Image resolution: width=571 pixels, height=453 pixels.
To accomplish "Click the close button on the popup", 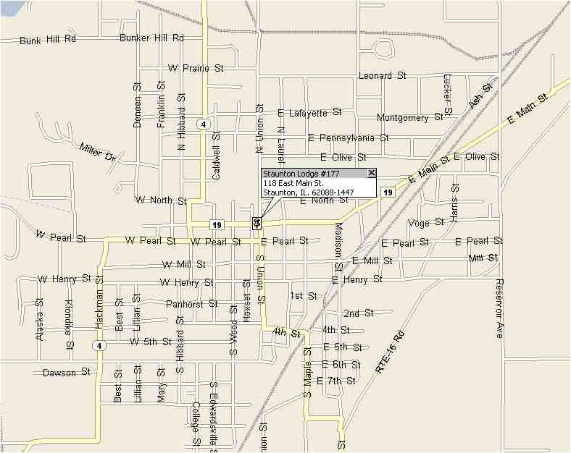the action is point(372,173).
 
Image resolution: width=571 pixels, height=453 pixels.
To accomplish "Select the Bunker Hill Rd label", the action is point(151,38).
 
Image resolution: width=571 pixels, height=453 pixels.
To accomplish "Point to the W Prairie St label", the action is point(196,68).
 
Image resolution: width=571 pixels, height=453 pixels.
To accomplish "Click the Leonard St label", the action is point(385,75).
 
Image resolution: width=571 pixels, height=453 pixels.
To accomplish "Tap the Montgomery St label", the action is point(410,117).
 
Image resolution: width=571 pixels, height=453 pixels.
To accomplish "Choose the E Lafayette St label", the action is point(309,113).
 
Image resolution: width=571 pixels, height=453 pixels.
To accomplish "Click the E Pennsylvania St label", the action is point(348,137).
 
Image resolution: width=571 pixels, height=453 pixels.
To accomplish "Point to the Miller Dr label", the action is point(98,152).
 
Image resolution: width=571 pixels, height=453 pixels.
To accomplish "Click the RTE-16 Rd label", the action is point(389,352).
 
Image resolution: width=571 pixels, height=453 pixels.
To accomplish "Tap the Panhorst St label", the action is point(191,304).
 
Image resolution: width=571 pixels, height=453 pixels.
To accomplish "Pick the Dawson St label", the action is point(66,373).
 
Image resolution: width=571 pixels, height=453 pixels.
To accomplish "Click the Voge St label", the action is point(425,223).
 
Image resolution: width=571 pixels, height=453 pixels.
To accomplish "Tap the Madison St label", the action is point(338,242).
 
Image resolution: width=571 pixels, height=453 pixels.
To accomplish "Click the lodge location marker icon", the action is point(257,223).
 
